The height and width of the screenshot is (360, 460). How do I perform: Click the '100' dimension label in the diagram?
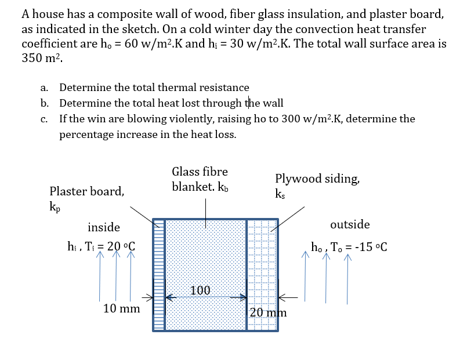[x=201, y=290]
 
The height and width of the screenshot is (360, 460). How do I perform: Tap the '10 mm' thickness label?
[x=121, y=308]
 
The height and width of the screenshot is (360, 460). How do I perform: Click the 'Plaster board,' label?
[x=86, y=191]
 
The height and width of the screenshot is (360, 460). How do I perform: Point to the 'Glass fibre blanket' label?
[x=200, y=179]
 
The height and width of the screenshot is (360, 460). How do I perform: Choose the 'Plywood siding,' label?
[x=317, y=179]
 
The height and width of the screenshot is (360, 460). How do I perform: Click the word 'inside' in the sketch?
[x=104, y=227]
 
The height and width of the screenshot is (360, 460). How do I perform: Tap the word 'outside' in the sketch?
[x=350, y=224]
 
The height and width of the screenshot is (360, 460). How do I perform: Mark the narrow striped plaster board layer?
[x=158, y=275]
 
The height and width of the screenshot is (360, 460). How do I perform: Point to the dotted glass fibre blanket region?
[x=206, y=255]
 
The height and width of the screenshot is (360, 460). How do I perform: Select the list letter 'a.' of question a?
[x=44, y=88]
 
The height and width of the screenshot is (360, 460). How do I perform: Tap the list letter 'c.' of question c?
[x=44, y=119]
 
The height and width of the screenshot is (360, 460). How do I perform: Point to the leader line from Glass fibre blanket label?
[x=207, y=209]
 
